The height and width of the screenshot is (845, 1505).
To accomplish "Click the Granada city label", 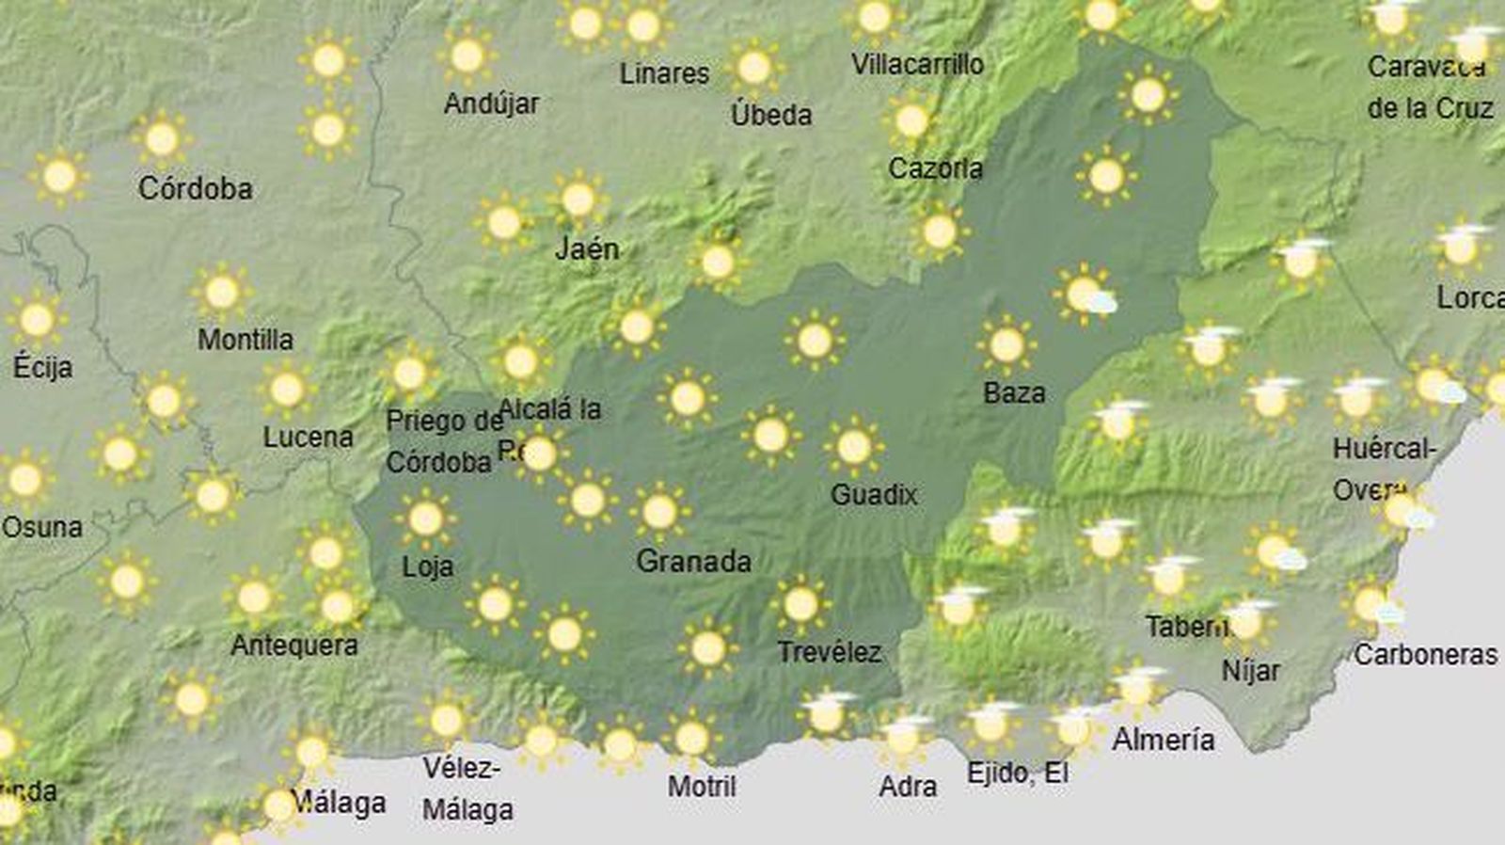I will click(693, 562).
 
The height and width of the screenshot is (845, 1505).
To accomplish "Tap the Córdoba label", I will click(195, 188).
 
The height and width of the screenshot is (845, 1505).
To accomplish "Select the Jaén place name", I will click(587, 249).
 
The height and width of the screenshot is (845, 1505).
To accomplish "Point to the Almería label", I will click(1163, 740).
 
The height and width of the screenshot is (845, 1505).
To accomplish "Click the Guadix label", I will click(873, 494).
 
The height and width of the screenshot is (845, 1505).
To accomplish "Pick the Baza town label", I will click(1014, 392).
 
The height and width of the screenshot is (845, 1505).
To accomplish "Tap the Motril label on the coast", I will click(702, 786).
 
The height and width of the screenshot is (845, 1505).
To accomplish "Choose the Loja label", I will click(427, 566).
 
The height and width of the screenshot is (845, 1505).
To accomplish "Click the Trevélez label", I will click(829, 651).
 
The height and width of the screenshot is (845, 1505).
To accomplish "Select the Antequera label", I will click(293, 646).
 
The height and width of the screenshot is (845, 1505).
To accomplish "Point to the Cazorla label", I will click(935, 168).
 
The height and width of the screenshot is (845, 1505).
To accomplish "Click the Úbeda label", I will click(770, 115).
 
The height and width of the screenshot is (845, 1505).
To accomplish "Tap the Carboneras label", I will click(1425, 654).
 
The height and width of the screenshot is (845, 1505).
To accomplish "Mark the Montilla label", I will click(245, 339).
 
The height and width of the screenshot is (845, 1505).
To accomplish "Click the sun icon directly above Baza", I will click(1006, 345).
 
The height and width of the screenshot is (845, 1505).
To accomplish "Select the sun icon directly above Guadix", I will click(853, 447).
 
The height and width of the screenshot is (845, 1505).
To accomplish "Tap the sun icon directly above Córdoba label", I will click(162, 139).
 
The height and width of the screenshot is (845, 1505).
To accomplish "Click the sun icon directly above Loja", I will click(425, 518).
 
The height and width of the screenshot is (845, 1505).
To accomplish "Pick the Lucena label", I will click(308, 437).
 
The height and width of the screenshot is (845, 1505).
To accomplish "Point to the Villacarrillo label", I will click(917, 64).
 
